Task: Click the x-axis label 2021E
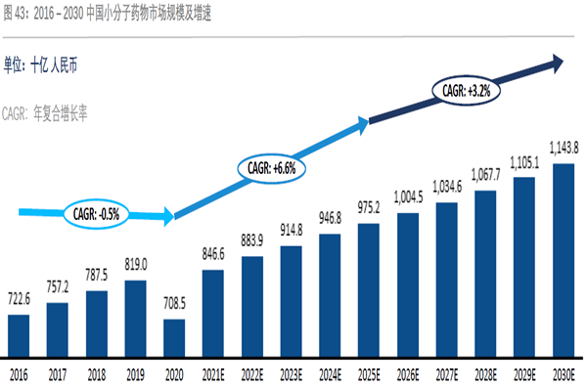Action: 213,372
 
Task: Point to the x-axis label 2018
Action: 97,372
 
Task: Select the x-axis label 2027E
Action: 446,372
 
